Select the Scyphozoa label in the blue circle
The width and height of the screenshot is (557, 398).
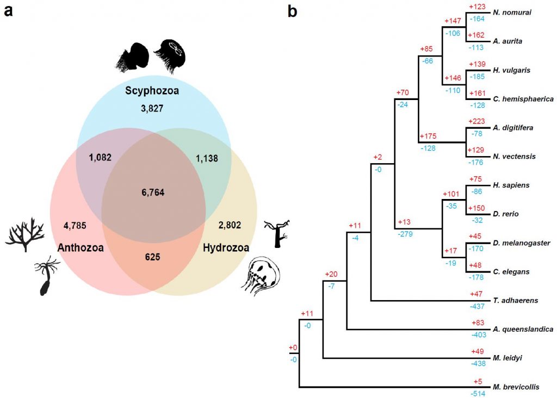click(152, 91)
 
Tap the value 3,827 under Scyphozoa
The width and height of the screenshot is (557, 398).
click(152, 109)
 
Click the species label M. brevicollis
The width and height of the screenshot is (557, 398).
click(516, 387)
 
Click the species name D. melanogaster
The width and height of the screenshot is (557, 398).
click(522, 243)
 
